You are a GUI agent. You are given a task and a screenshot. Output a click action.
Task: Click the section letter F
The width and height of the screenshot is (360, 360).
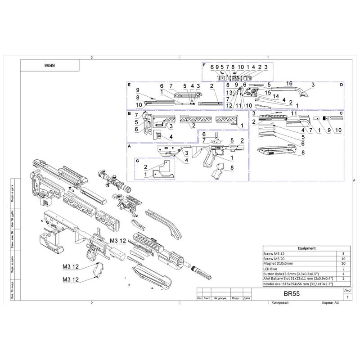[204, 66]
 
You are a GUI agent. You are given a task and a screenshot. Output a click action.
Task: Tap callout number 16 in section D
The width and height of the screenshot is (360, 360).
[289, 84]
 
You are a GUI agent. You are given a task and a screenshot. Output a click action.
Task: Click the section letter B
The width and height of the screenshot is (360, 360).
[129, 114]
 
